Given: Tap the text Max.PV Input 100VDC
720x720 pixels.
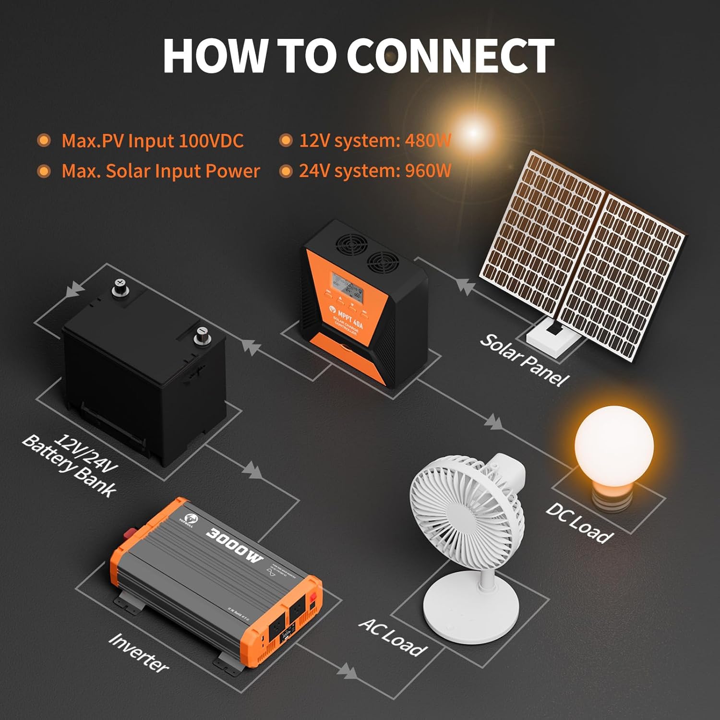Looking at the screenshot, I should (153, 141).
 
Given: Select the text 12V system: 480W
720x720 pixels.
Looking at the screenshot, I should (375, 141).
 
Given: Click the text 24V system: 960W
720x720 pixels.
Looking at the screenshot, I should (375, 171).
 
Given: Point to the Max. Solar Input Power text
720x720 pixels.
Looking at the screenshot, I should (160, 171).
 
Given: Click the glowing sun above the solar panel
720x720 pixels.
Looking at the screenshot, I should (473, 132).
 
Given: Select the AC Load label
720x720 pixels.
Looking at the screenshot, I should (393, 637).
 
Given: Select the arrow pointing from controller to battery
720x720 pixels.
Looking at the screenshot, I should (251, 346).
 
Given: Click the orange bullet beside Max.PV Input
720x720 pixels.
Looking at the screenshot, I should (44, 141).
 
